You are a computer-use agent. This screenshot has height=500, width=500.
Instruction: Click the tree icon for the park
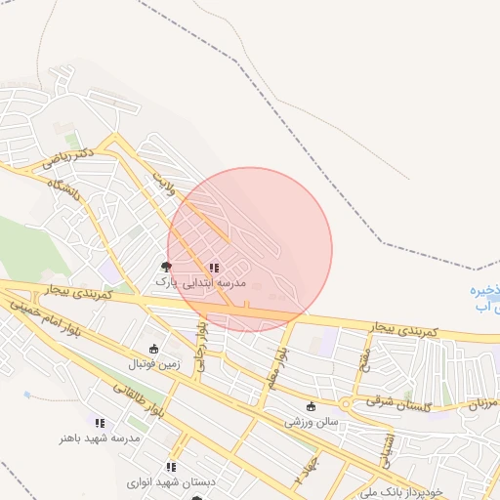click(x=166, y=266)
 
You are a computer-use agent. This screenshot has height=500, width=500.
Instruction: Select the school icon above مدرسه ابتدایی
click(x=213, y=267)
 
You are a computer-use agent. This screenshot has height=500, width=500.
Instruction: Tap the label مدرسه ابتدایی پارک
click(x=201, y=282)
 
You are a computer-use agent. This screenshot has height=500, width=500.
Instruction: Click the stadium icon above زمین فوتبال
click(x=152, y=349)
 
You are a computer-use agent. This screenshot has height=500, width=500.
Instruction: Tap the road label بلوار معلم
click(x=280, y=361)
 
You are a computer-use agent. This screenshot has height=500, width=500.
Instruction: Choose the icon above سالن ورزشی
click(x=311, y=407)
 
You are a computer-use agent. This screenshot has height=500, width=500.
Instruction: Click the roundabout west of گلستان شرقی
click(x=345, y=403)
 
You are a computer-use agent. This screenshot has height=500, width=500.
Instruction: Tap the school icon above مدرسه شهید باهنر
click(x=100, y=423)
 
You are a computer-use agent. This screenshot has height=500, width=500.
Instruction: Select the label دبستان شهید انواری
click(x=170, y=482)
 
